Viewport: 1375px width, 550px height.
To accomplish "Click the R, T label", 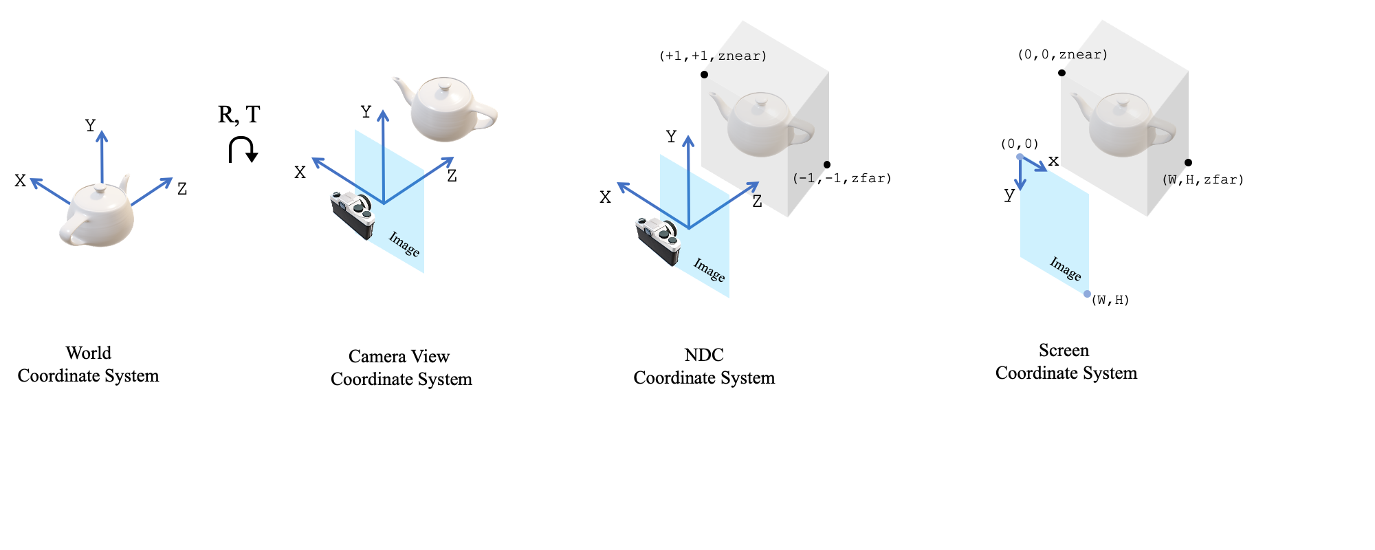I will [239, 114].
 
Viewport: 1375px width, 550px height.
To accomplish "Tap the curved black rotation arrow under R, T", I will [242, 149].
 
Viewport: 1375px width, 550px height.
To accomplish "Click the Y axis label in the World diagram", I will [90, 126].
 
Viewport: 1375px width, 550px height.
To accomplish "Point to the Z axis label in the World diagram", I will [181, 189].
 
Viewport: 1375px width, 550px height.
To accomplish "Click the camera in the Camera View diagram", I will [353, 214].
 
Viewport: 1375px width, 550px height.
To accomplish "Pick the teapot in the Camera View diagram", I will [448, 109].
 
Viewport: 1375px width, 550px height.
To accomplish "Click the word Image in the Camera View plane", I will [404, 244].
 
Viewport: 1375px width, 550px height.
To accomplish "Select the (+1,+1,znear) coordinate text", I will [712, 56].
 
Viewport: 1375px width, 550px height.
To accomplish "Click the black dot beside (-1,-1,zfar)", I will [827, 164].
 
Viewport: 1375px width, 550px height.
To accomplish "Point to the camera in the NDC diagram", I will [658, 240].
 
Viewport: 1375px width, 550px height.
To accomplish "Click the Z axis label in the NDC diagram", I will [757, 202].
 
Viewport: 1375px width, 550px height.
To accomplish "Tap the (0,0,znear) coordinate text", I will [1062, 55].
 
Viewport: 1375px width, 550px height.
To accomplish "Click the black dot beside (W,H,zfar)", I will [1188, 163].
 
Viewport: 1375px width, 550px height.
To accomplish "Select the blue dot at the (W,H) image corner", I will [1087, 294].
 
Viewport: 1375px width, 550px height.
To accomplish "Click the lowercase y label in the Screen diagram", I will [1009, 195].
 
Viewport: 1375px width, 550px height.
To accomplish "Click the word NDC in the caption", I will [704, 355].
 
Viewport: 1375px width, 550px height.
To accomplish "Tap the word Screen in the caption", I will [1064, 351].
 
